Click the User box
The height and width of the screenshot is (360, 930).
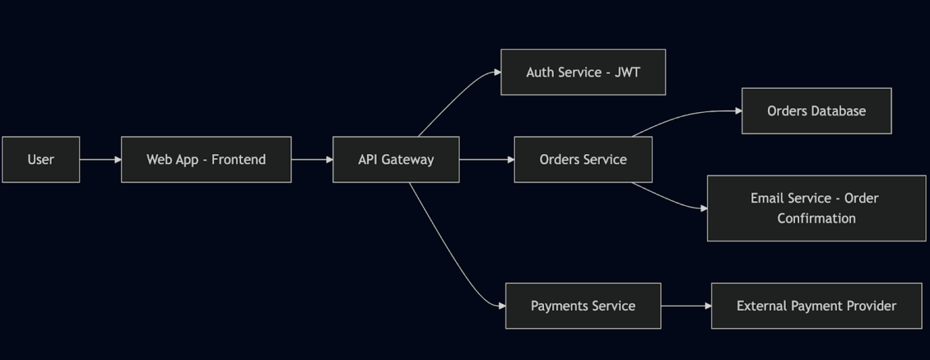(x=41, y=159)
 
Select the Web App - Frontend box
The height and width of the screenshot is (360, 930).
(x=206, y=159)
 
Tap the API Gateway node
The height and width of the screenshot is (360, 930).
(x=396, y=159)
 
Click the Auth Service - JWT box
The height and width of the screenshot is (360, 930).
(x=583, y=72)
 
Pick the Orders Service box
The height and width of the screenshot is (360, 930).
(x=583, y=159)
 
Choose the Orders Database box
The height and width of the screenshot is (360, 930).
(x=816, y=111)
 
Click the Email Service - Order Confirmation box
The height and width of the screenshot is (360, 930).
(x=816, y=208)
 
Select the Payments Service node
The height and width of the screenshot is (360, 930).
(x=583, y=306)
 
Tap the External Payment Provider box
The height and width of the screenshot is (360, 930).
(x=816, y=306)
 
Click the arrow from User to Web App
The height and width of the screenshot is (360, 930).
(x=100, y=159)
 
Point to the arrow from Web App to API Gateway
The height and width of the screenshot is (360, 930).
(x=312, y=159)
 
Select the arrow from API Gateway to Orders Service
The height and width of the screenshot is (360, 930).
(x=486, y=159)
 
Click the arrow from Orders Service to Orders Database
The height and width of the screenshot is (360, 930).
(x=684, y=116)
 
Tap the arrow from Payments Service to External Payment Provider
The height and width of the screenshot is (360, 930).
(x=686, y=306)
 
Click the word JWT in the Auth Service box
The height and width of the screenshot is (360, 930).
(x=627, y=72)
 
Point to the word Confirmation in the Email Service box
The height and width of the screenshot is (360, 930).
(x=816, y=218)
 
